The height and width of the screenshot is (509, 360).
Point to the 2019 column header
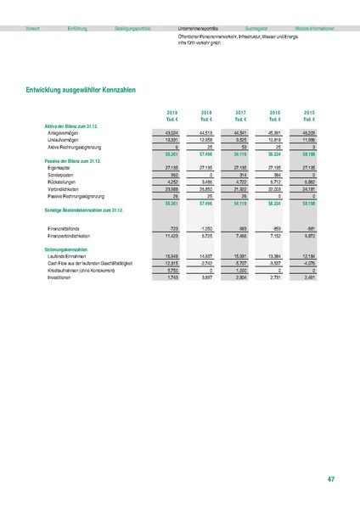[172, 112]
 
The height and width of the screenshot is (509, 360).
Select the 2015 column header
[309, 112]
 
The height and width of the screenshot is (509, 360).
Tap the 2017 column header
[240, 112]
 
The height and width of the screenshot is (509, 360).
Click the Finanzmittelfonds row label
[68, 229]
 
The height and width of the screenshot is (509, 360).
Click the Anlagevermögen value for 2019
[171, 132]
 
